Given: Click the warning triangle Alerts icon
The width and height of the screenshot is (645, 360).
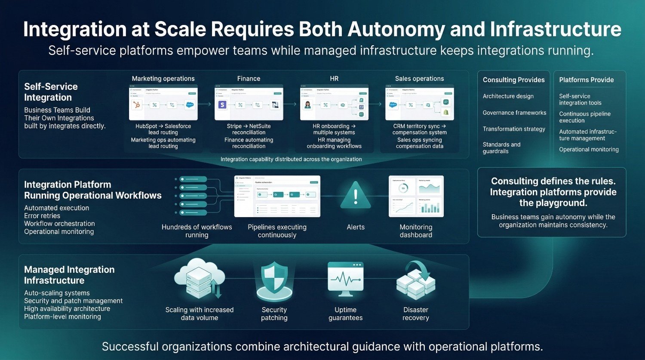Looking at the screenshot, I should point(356,196).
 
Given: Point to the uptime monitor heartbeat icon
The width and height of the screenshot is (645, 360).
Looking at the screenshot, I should point(345,279).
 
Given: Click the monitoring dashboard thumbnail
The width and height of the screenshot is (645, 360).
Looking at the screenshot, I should point(416,196).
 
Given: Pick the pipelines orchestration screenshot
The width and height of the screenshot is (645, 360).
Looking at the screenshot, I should point(277,196).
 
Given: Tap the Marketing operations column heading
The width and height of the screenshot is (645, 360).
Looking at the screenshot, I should point(163,79).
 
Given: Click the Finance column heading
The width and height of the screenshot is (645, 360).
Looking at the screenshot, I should point(249,79).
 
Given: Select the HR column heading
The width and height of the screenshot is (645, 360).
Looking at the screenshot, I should point(334,79).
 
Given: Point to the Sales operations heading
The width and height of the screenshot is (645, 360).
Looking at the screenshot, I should point(419,79).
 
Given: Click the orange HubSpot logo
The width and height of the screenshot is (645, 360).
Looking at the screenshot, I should point(137,105).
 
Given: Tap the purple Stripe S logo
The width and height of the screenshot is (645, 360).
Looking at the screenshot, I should point(222,105).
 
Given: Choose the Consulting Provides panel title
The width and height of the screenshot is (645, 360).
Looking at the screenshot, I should point(513,80).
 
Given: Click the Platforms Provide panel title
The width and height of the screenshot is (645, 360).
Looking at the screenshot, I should point(586,80).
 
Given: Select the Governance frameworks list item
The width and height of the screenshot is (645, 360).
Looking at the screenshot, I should point(514,113).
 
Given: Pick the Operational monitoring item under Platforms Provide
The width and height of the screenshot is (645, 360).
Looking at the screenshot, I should point(589,150).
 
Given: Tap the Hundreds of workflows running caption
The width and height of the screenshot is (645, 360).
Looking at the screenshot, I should point(197,231).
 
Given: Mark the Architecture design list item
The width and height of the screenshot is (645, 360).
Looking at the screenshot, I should point(508,96).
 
